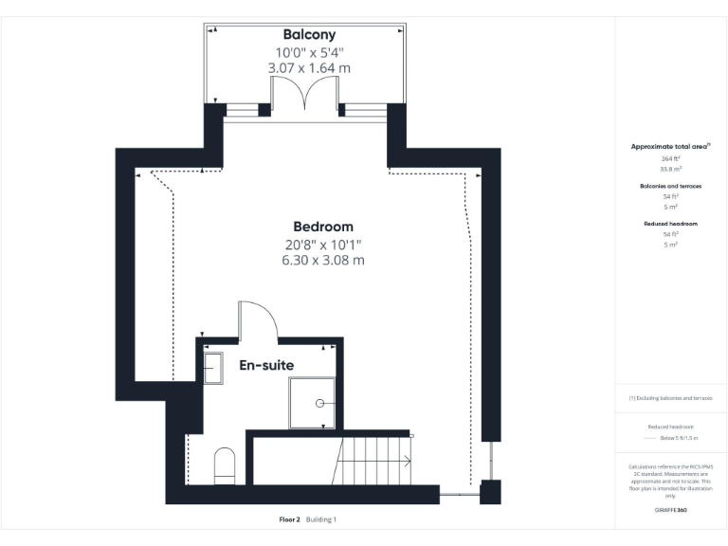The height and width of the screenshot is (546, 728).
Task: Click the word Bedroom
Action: [x=322, y=227]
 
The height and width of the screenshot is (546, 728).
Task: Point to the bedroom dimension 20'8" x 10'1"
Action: [x=322, y=244]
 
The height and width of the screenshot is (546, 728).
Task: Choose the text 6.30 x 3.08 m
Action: [x=322, y=260]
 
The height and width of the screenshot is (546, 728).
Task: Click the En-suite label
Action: [x=265, y=365]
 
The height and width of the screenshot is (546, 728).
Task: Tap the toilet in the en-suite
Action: [x=225, y=464]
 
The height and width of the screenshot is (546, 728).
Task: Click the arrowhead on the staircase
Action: [x=408, y=462]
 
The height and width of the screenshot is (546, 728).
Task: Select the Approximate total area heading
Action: [x=670, y=147]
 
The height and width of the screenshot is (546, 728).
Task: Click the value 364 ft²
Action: [x=671, y=159]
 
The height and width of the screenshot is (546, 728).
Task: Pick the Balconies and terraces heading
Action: [x=671, y=186]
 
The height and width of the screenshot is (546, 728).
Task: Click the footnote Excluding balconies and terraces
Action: [x=671, y=398]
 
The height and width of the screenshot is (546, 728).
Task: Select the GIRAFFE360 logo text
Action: [x=671, y=510]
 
